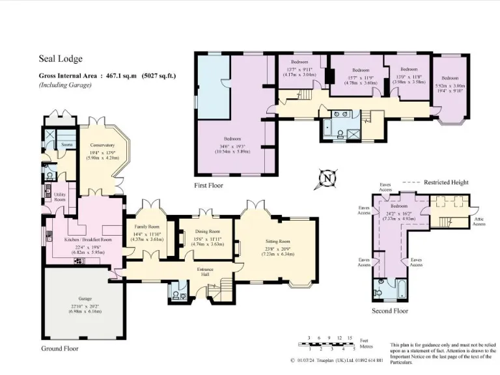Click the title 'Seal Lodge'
pyautogui.click(x=61, y=59)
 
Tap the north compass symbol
pyautogui.click(x=328, y=177)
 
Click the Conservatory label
pyautogui.click(x=102, y=145)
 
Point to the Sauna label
pyautogui.click(x=66, y=145)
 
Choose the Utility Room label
pyautogui.click(x=60, y=197)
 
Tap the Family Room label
pyautogui.click(x=146, y=227)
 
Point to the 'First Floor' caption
pyautogui.click(x=208, y=186)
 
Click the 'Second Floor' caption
pyautogui.click(x=390, y=311)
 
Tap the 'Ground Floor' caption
pyautogui.click(x=60, y=349)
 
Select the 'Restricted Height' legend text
pyautogui.click(x=446, y=182)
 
